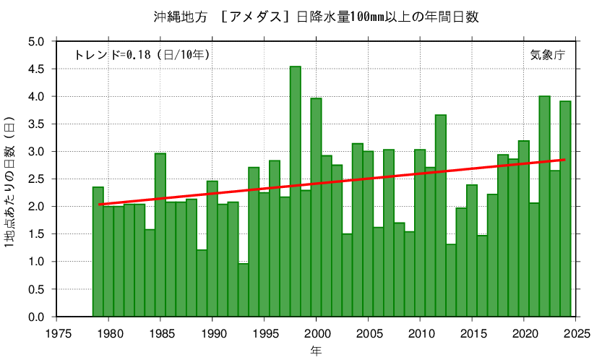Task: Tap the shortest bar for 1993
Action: coord(244,290)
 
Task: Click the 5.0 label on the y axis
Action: coord(36,41)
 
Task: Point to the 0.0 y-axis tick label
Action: coord(36,317)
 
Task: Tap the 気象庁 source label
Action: coord(547,54)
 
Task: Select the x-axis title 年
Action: coord(317,351)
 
